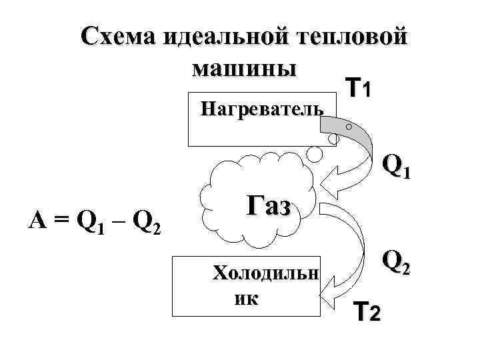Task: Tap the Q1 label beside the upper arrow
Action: pyautogui.click(x=397, y=166)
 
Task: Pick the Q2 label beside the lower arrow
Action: pyautogui.click(x=397, y=264)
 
